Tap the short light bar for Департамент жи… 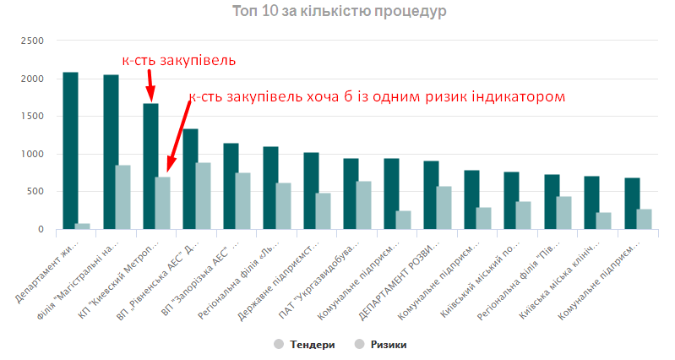coord(82,226)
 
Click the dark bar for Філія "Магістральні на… coord(111,152)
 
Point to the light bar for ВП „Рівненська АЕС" coord(203,195)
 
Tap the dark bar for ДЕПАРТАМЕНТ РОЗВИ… coord(431,194)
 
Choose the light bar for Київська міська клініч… coord(603,221)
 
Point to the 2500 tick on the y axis coord(31,41)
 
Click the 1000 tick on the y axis coord(31,154)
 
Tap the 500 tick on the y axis coord(35,192)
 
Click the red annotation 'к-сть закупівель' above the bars coord(178,60)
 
